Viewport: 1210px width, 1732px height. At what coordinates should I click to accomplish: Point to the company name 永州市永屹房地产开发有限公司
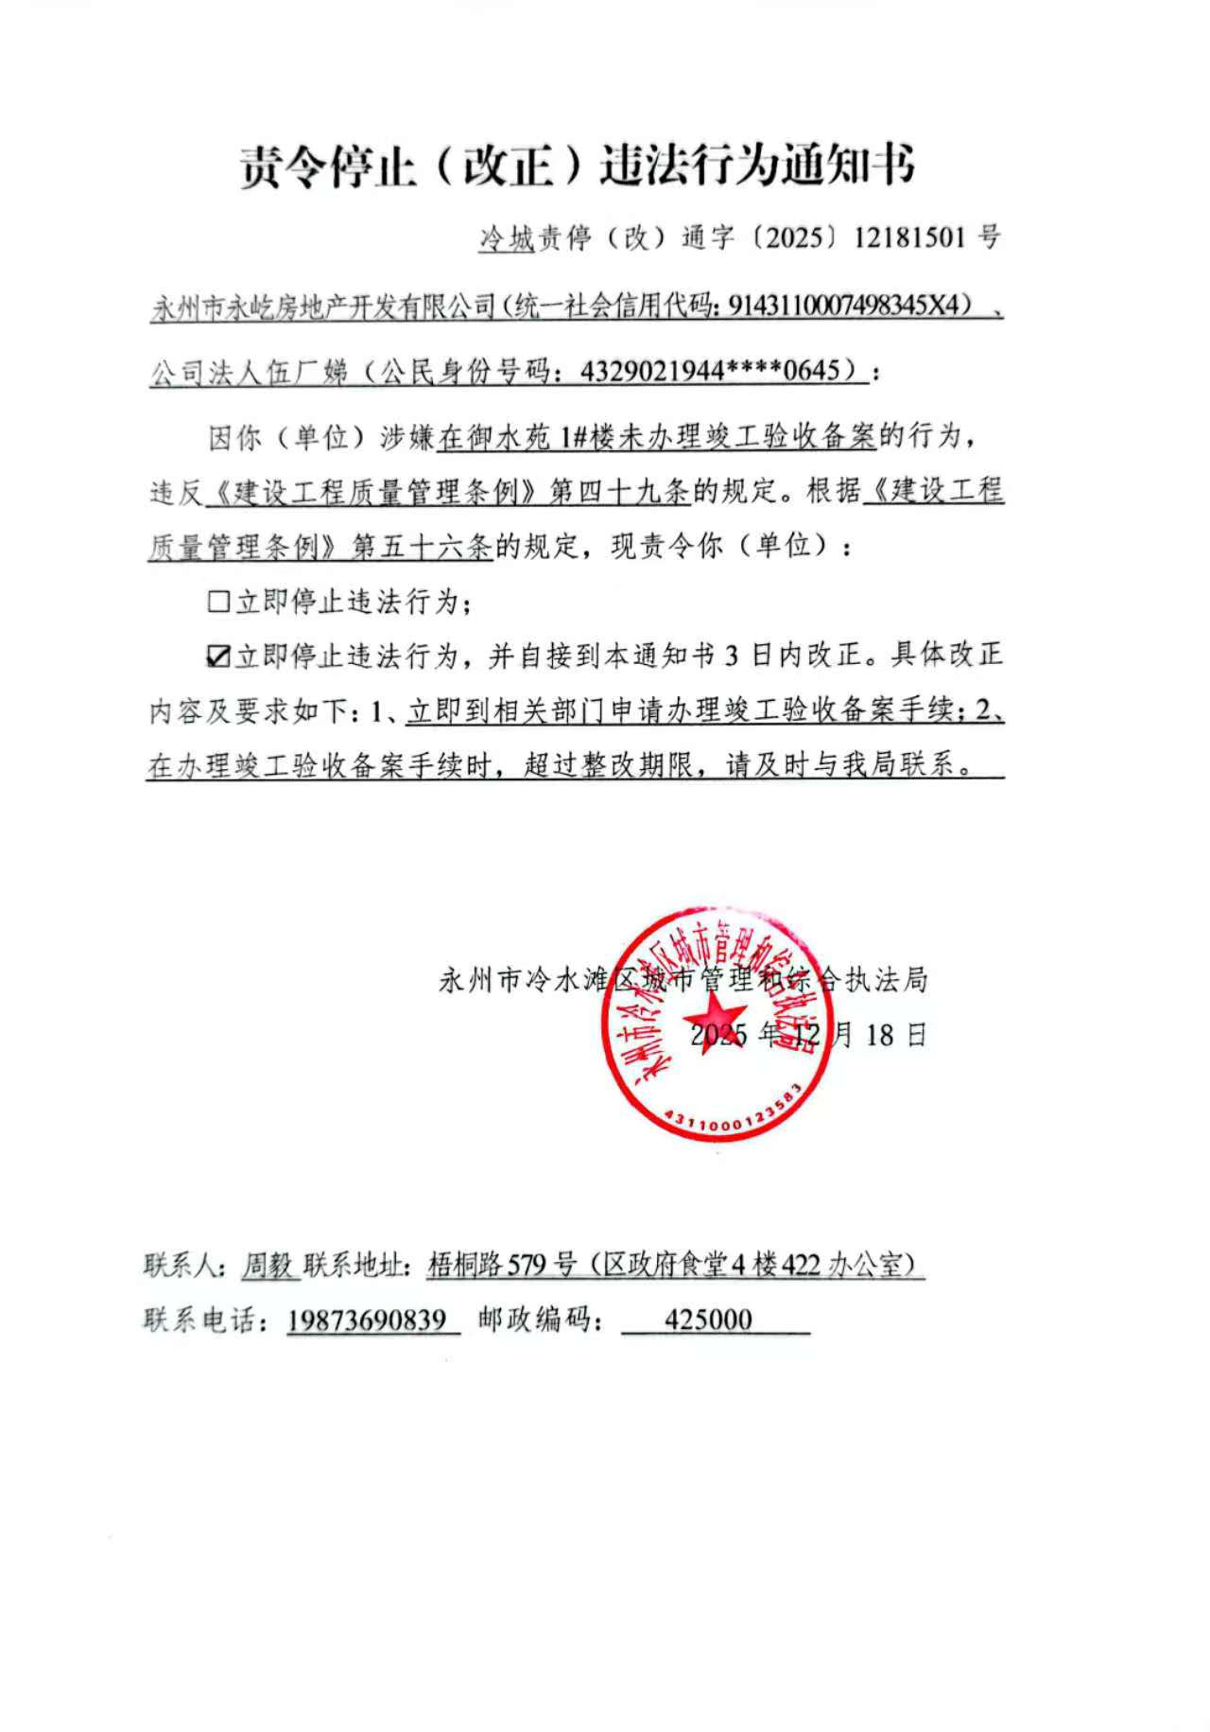(323, 307)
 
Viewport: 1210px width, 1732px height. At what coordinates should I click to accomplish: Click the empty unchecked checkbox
(217, 601)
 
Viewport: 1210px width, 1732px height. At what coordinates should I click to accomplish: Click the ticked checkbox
(217, 656)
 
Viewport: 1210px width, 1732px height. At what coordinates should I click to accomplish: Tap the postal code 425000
(708, 1320)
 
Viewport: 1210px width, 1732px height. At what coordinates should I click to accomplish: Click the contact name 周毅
(268, 1265)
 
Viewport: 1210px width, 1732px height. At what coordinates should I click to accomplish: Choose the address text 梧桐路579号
(500, 1265)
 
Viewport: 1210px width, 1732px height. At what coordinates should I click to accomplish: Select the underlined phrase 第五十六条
(421, 547)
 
